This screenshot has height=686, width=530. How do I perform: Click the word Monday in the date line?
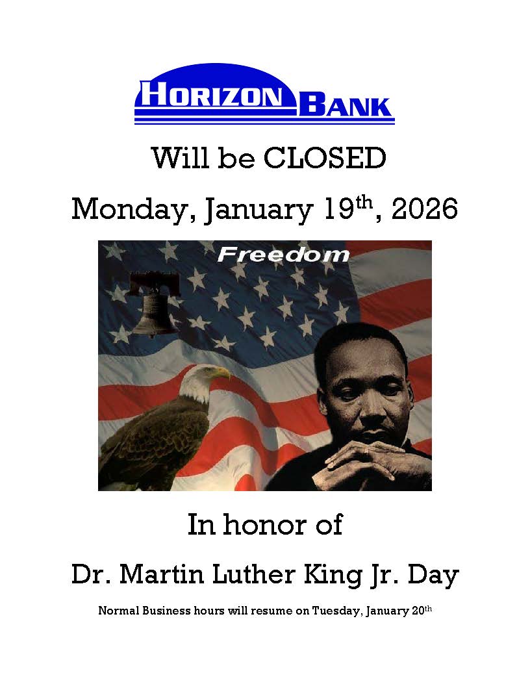click(x=131, y=210)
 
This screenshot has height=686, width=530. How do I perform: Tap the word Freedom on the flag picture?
click(x=283, y=254)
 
